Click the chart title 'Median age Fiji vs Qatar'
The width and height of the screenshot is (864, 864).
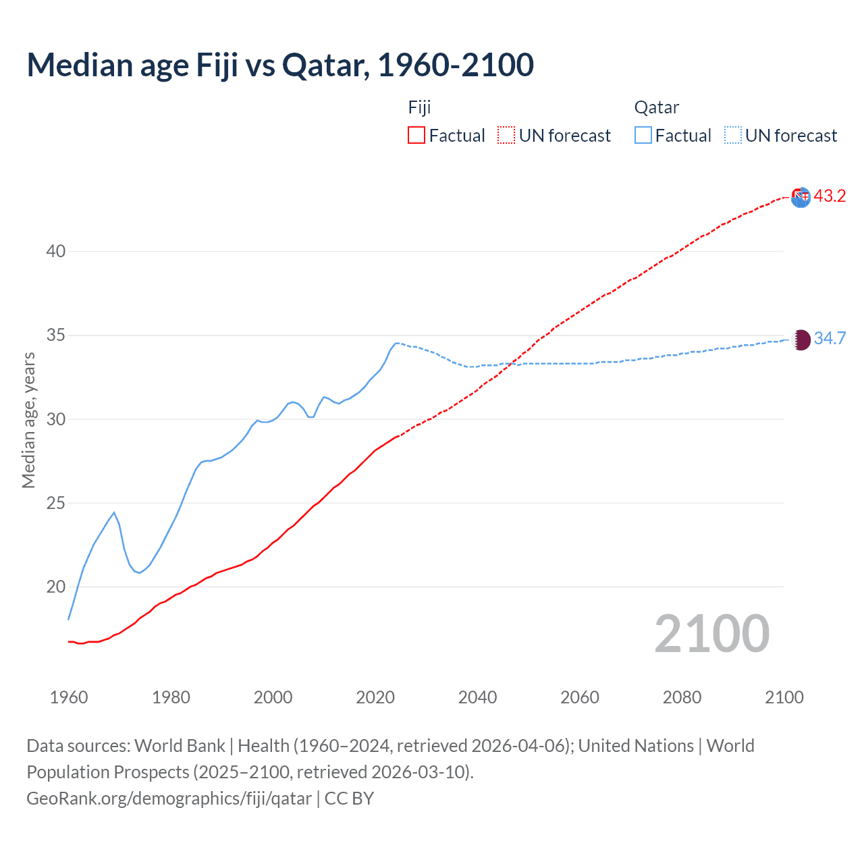point(280,65)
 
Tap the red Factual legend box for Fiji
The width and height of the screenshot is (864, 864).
point(416,136)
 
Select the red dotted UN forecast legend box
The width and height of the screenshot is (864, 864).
point(506,136)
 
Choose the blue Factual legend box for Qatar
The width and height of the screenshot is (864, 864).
point(643,136)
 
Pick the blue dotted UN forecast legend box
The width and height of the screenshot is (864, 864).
point(733,136)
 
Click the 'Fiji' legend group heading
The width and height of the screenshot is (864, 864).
point(419,107)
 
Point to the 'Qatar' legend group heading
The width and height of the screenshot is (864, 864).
point(656,107)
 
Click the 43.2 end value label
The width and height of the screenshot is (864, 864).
point(830,196)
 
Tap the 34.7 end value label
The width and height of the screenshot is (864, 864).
point(830,338)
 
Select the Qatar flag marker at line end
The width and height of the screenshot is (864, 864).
point(801,340)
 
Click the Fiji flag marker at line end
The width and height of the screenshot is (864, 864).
point(801,197)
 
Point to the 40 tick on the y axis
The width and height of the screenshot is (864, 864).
point(56,251)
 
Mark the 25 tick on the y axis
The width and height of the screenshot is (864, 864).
point(56,503)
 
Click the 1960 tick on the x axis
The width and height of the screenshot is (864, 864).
point(69,697)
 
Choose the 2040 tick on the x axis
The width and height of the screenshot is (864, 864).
point(477,697)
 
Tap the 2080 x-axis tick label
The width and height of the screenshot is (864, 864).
point(682,697)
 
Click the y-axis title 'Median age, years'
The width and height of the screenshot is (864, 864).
point(28,420)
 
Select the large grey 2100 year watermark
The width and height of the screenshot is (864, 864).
point(711,634)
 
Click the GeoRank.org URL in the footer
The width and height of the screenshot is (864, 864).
point(169,799)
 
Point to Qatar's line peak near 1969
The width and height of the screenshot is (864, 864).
point(114,512)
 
